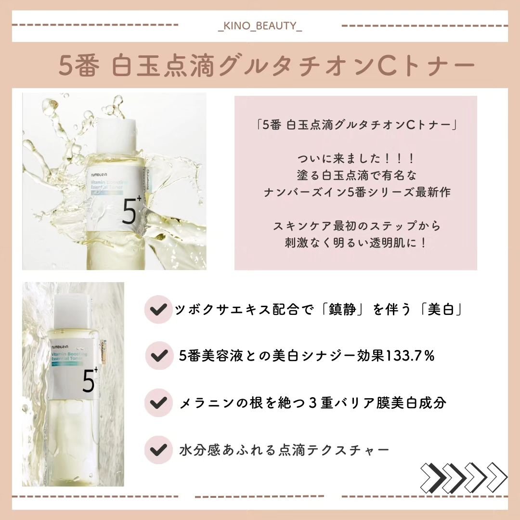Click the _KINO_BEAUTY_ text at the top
coord(260,26)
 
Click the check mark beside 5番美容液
coord(156,357)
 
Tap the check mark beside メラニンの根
coord(156,403)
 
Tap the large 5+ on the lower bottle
coord(88,383)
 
